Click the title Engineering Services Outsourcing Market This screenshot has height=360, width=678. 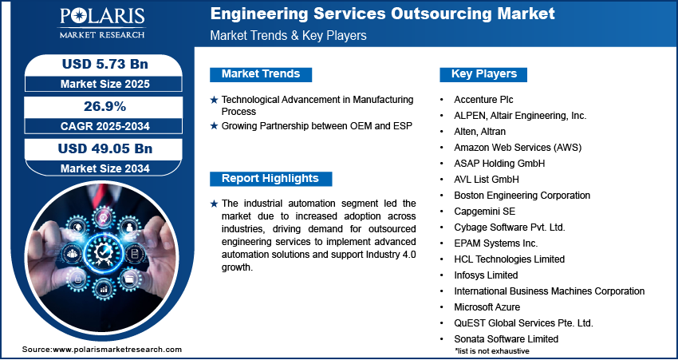pyautogui.click(x=383, y=14)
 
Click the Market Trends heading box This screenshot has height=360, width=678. pyautogui.click(x=261, y=74)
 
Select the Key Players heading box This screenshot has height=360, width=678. pyautogui.click(x=484, y=74)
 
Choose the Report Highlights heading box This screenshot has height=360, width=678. pyautogui.click(x=270, y=179)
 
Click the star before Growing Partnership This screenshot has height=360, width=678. pyautogui.click(x=214, y=126)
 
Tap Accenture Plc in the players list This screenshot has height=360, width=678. pyautogui.click(x=483, y=100)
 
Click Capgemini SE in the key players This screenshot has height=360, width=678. pyautogui.click(x=484, y=212)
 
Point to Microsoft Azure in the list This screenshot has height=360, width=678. pyautogui.click(x=487, y=307)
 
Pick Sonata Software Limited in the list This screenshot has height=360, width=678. pyautogui.click(x=506, y=339)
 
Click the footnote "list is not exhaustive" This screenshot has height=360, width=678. pyautogui.click(x=492, y=350)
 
